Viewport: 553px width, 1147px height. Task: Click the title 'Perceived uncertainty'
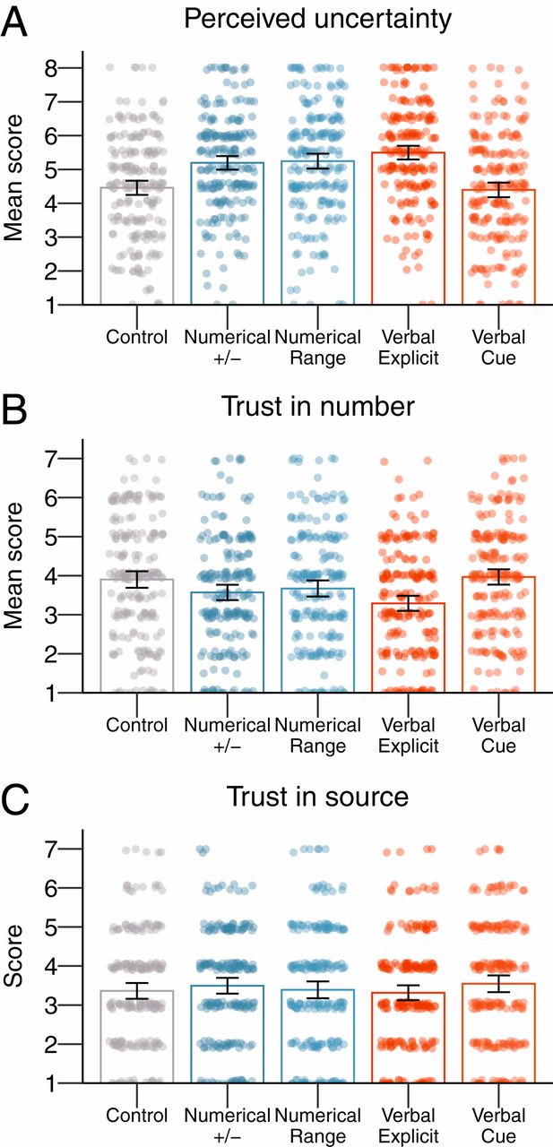point(317,20)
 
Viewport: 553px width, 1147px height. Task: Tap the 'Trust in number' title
point(317,407)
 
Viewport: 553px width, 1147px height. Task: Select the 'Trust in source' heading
point(317,796)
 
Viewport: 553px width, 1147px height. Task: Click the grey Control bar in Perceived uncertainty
point(136,246)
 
